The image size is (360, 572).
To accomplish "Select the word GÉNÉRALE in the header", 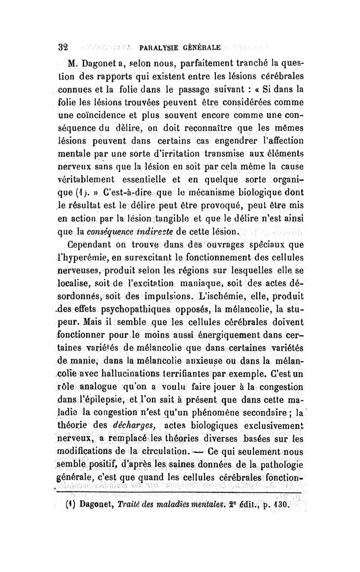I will click(201, 47).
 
